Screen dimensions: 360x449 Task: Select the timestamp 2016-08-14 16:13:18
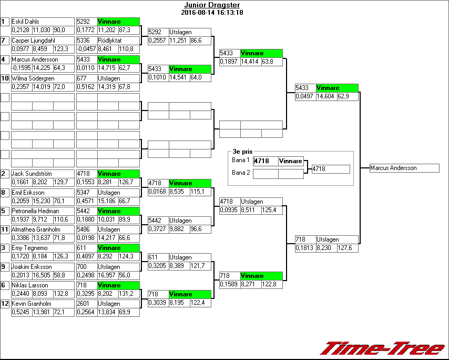pyautogui.click(x=212, y=12)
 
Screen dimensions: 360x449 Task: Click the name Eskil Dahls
pyautogui.click(x=25, y=22)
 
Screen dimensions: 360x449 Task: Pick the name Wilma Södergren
pyautogui.click(x=33, y=78)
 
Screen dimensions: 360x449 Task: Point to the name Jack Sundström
pyautogui.click(x=32, y=174)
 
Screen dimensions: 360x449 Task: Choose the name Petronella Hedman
pyautogui.click(x=35, y=211)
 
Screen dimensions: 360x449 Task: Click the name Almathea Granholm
pyautogui.click(x=36, y=229)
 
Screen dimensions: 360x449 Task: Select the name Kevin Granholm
pyautogui.click(x=31, y=304)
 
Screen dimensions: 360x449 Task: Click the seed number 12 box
pyautogui.click(x=5, y=304)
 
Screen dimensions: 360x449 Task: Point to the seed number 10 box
pyautogui.click(x=5, y=78)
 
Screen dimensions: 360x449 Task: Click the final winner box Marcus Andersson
pyautogui.click(x=404, y=168)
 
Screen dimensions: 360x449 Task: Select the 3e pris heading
pyautogui.click(x=242, y=151)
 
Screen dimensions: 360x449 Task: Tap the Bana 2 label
pyautogui.click(x=240, y=173)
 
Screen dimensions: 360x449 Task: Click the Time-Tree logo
pyautogui.click(x=382, y=349)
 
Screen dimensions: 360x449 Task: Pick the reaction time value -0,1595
pyautogui.click(x=21, y=68)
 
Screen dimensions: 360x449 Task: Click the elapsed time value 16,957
pyautogui.click(x=107, y=275)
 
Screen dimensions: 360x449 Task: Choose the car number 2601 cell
pyautogui.click(x=86, y=304)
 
